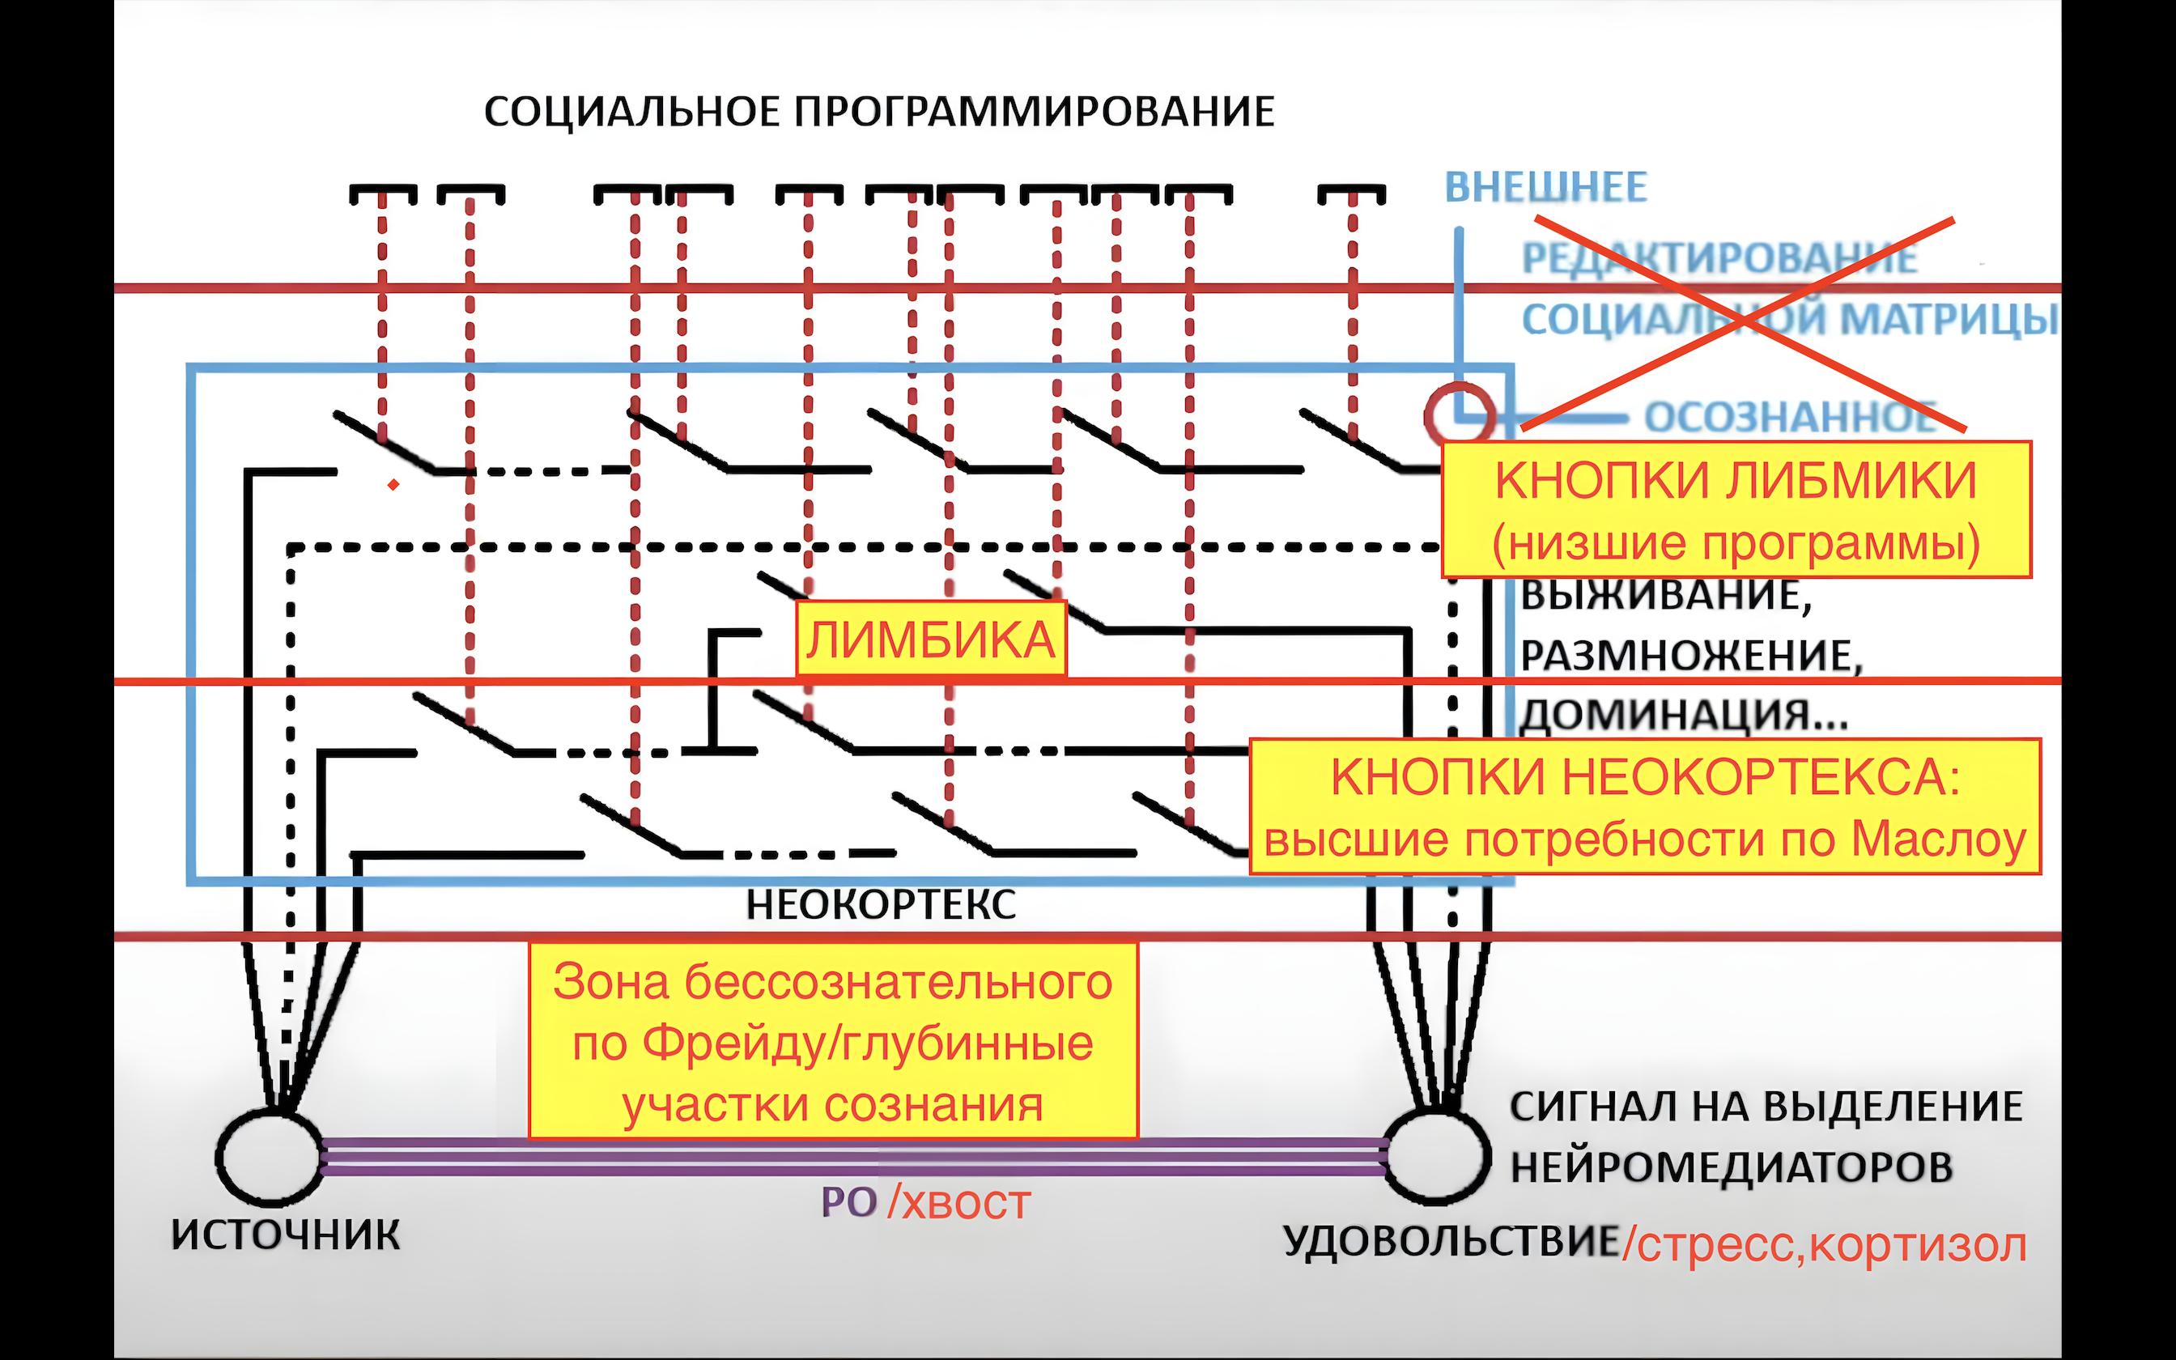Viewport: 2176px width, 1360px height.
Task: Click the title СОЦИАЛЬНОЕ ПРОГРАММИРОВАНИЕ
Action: coord(878,113)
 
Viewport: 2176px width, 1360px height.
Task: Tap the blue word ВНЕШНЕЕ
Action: coord(1545,188)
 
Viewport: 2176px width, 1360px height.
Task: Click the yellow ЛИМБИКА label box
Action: coord(931,640)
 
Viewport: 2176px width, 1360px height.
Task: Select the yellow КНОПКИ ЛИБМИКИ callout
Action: coord(1736,509)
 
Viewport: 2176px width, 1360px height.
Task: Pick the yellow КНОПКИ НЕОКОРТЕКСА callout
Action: coord(1645,807)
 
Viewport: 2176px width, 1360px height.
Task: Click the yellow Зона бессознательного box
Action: coord(833,1042)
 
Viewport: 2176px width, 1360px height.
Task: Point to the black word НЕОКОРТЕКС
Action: coord(880,905)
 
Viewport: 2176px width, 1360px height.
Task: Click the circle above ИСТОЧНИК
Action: coord(269,1158)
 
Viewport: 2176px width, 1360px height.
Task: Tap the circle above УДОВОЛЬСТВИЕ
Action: coord(1436,1158)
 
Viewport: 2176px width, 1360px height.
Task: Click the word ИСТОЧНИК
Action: coord(285,1235)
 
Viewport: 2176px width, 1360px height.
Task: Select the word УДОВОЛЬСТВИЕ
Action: coord(1451,1242)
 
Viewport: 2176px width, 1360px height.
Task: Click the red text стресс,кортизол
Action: coord(1830,1246)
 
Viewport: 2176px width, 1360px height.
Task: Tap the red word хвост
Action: coord(966,1204)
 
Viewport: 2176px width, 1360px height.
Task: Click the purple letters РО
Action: coord(848,1203)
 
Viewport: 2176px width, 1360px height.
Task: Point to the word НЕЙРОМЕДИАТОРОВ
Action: coord(1731,1167)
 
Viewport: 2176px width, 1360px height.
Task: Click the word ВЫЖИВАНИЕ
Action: coord(1664,596)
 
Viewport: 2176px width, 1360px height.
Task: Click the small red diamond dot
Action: coord(393,485)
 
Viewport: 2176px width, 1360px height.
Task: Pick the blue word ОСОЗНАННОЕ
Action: coord(1789,418)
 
